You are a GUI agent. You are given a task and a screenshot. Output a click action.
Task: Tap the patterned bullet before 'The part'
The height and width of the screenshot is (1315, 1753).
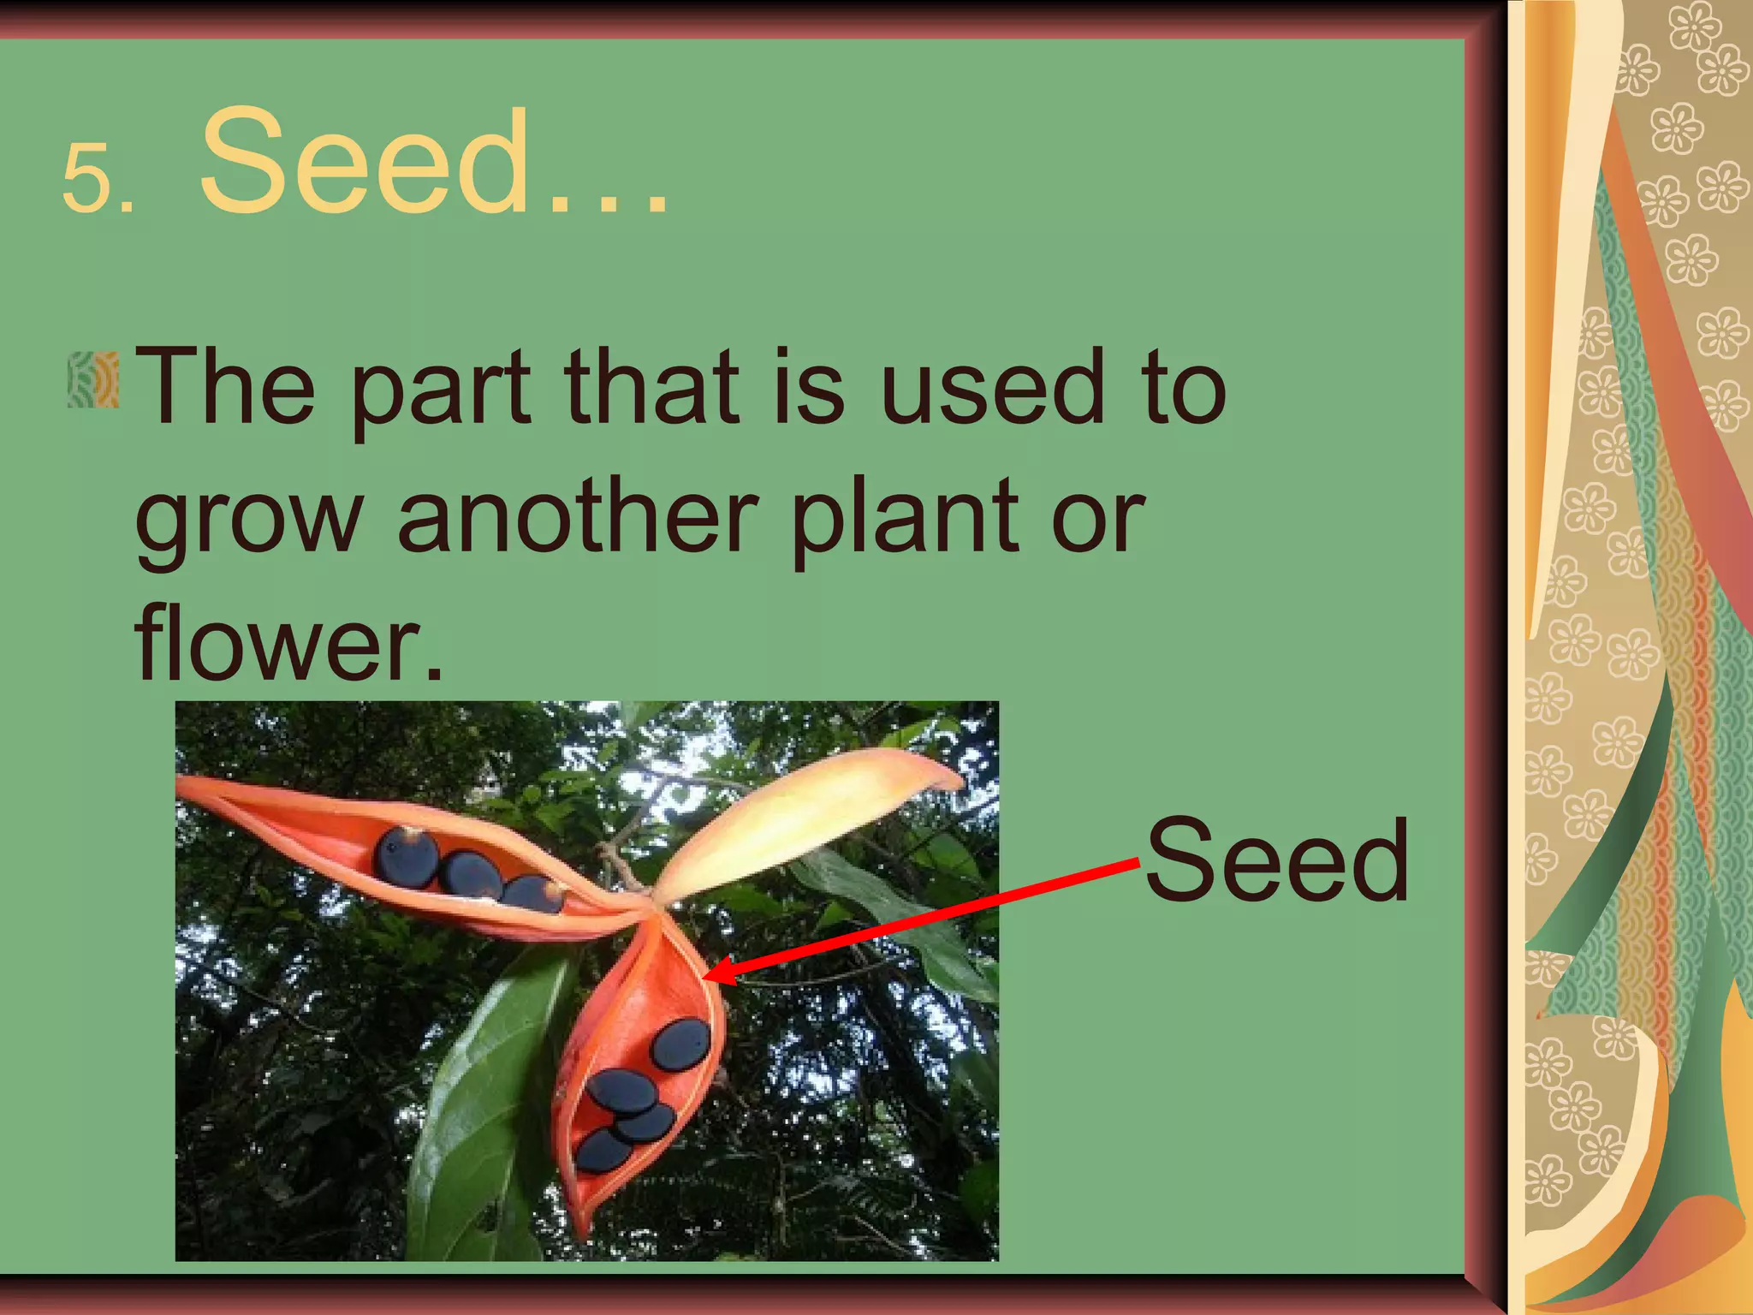(x=93, y=379)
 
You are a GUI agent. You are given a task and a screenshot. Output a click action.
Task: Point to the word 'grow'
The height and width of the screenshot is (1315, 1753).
(x=248, y=519)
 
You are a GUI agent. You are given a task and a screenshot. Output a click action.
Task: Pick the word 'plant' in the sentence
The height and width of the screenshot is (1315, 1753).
(x=903, y=519)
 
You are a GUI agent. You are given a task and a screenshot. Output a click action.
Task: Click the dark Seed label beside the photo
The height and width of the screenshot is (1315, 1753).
(x=1276, y=860)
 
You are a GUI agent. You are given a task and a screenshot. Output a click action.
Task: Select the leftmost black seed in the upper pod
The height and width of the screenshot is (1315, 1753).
(x=407, y=857)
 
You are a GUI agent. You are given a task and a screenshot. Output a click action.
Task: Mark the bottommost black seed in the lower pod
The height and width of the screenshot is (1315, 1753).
(x=603, y=1150)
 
